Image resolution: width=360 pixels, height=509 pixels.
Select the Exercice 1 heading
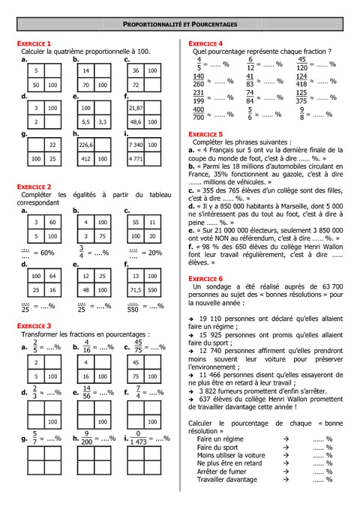(x=34, y=44)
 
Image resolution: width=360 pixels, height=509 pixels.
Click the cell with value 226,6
(x=85, y=144)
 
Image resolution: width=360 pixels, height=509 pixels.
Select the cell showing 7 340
(x=136, y=144)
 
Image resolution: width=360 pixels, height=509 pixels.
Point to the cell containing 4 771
(x=136, y=159)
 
